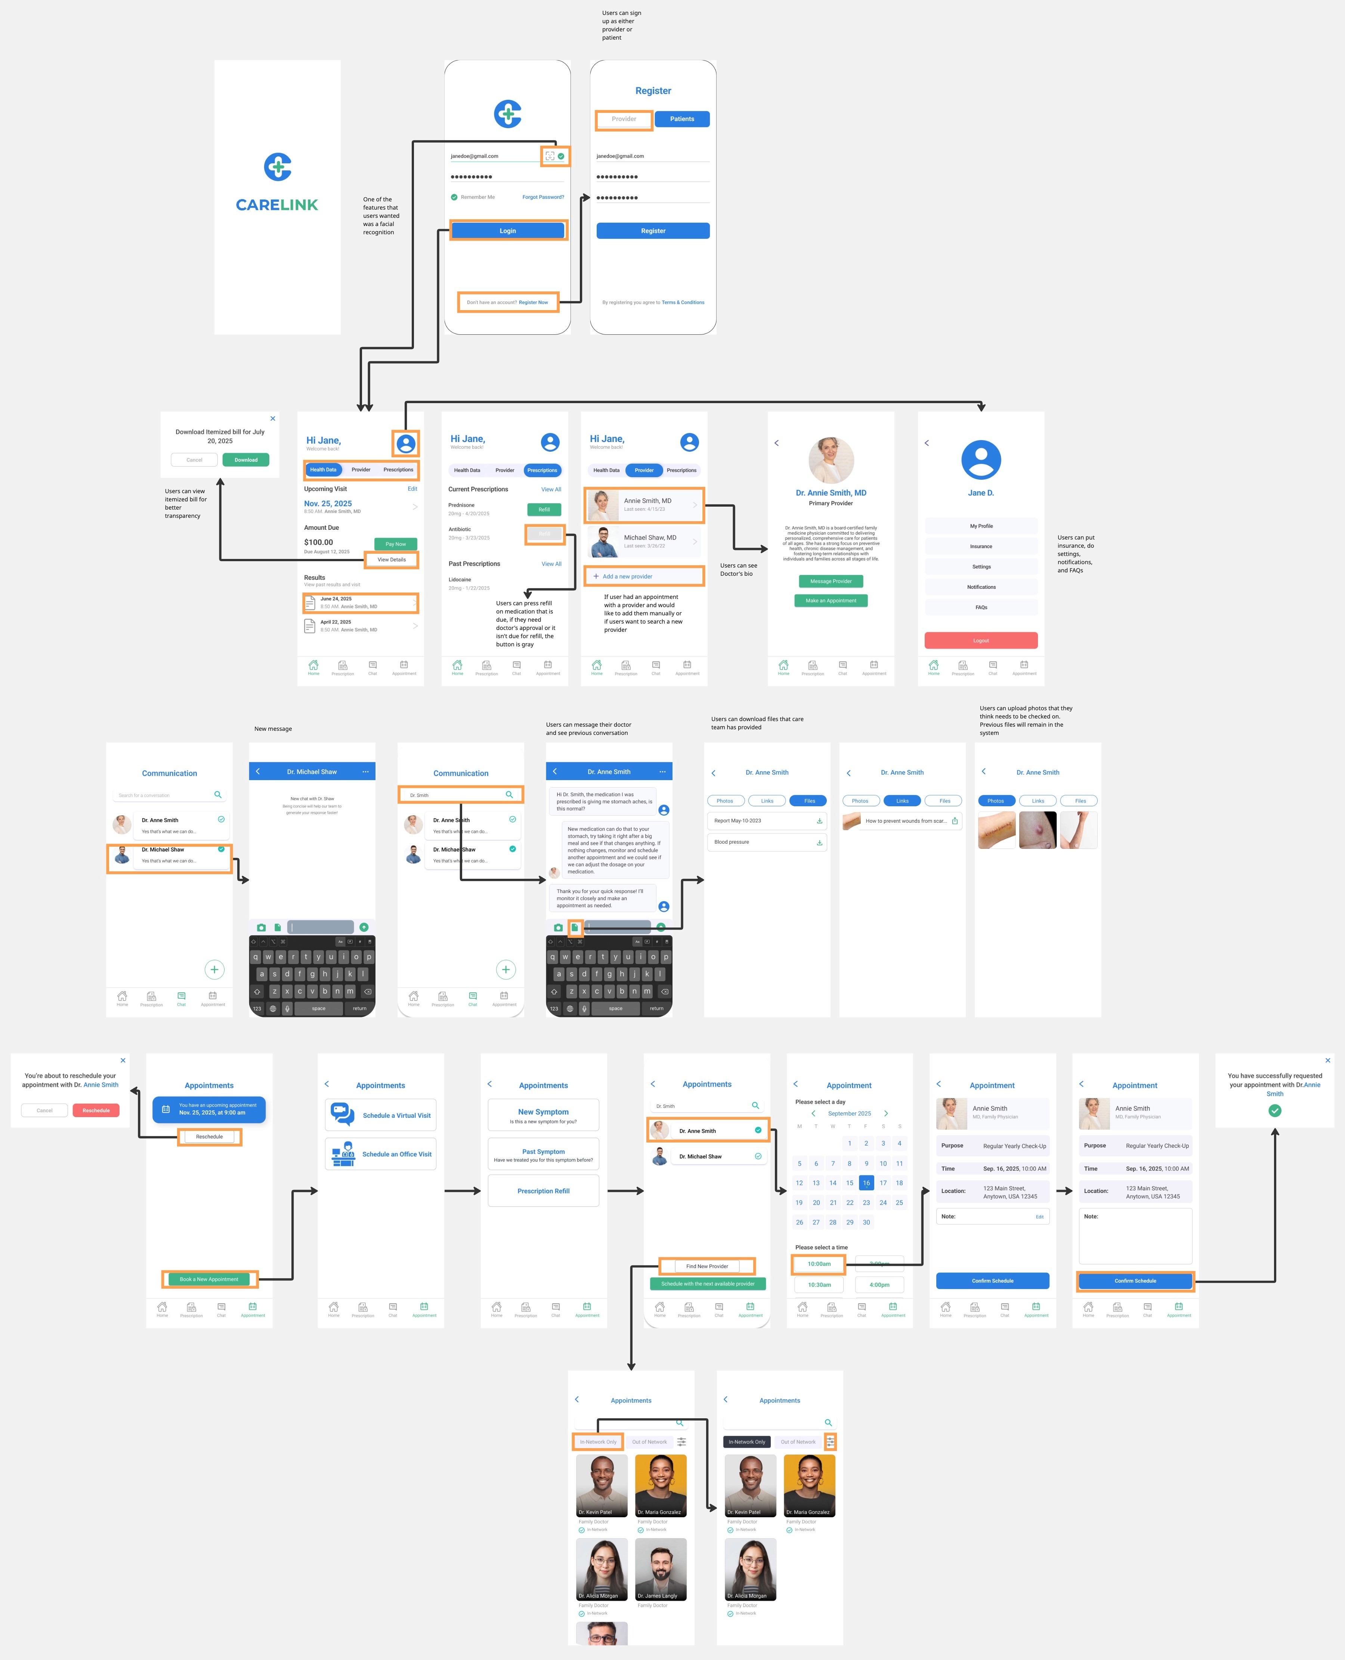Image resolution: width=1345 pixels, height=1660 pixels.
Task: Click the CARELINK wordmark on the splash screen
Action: pos(276,204)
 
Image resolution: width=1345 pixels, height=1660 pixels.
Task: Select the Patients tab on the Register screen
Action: pos(682,118)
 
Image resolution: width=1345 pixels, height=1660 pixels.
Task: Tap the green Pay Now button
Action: pos(395,544)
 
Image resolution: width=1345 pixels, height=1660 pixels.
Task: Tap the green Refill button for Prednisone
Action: pos(544,509)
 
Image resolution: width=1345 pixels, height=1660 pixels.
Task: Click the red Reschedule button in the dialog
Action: pos(96,1110)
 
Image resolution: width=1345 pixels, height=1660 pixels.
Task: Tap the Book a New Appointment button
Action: pos(209,1279)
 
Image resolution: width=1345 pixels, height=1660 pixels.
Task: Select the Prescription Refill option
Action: pos(543,1191)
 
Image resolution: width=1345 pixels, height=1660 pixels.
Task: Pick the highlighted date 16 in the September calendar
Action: pos(866,1183)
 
